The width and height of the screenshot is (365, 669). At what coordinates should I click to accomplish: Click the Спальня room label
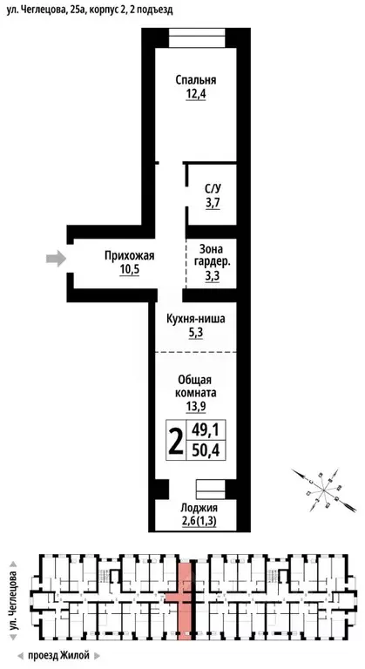[195, 80]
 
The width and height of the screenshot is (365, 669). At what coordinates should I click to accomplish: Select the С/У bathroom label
[213, 188]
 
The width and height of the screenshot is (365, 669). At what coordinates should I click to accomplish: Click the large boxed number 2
[176, 443]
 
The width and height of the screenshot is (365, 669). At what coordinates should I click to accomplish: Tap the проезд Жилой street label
[59, 654]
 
